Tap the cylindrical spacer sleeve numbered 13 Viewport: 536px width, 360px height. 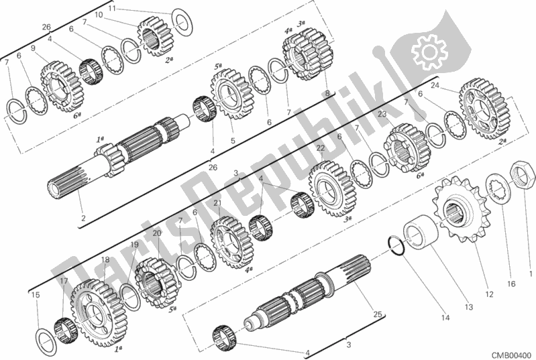421,229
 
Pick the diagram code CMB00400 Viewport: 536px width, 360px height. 512,355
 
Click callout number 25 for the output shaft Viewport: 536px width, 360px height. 378,314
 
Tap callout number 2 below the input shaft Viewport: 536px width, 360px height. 83,219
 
